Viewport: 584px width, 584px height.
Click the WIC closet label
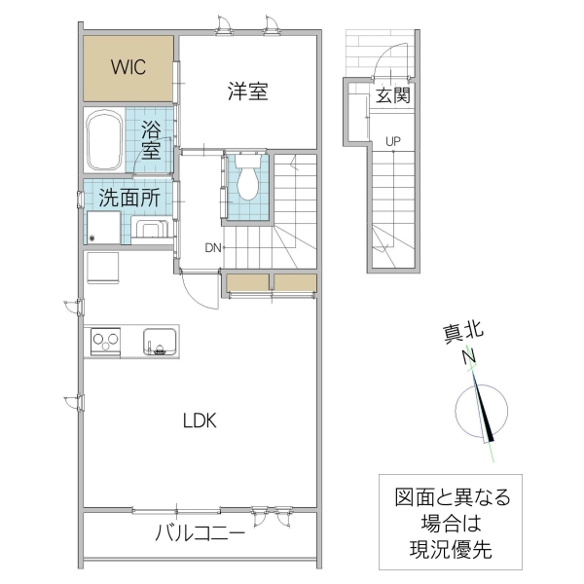(128, 67)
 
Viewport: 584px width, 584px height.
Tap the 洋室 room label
(248, 92)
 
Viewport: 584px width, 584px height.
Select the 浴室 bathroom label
(151, 139)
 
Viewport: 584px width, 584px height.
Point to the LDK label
(201, 421)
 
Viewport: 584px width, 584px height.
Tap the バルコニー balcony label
(200, 534)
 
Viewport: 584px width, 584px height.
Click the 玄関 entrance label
(393, 95)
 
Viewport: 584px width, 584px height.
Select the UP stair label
(393, 141)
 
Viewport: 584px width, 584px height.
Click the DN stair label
(213, 247)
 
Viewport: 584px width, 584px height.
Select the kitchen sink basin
(159, 342)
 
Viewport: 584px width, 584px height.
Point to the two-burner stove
(104, 342)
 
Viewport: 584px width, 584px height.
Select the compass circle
(481, 410)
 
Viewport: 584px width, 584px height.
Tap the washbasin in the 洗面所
(151, 231)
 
